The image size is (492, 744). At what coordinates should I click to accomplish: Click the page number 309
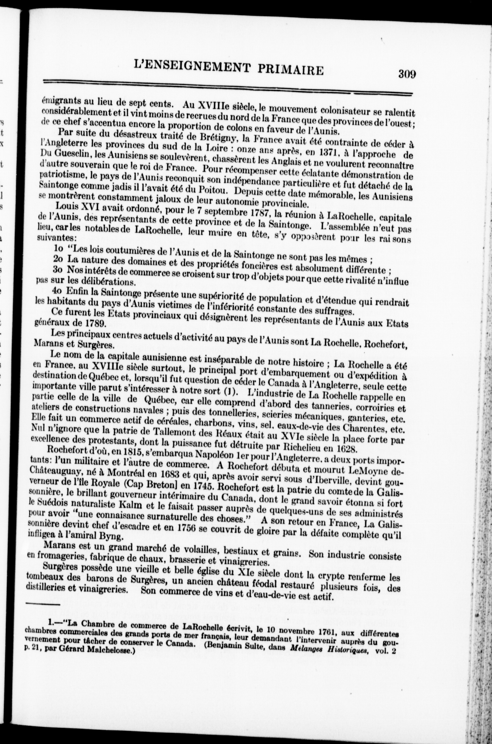(x=407, y=74)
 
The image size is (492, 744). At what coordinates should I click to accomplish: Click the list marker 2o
(x=59, y=259)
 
